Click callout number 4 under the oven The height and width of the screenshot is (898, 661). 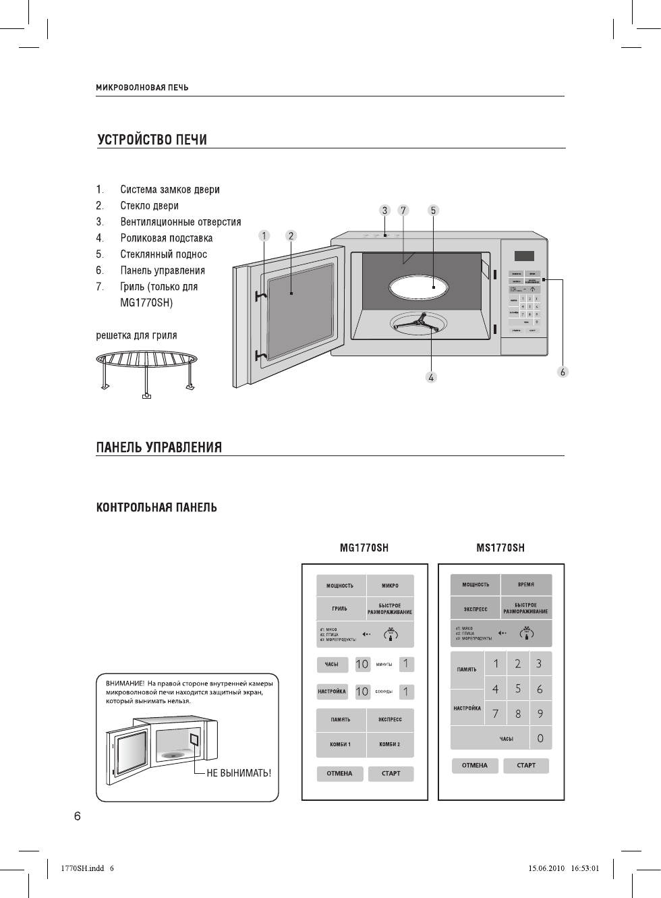[x=431, y=378]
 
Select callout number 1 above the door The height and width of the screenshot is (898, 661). [x=264, y=235]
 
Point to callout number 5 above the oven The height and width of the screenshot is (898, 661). [x=433, y=211]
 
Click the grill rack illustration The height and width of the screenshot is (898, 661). [x=146, y=368]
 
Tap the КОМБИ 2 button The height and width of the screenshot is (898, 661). [x=390, y=744]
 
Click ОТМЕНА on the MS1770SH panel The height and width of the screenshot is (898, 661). [x=475, y=766]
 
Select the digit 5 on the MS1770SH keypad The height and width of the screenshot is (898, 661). [x=518, y=689]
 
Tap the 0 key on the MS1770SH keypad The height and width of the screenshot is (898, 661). [x=540, y=738]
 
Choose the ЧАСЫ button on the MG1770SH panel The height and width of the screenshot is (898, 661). [x=332, y=665]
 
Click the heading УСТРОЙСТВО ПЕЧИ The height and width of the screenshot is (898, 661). [x=152, y=140]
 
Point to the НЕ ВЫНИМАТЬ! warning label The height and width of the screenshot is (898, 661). [x=239, y=773]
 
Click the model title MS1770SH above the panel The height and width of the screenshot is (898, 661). [x=500, y=548]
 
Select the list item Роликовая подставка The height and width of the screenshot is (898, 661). [x=166, y=238]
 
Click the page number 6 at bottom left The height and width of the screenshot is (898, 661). [x=78, y=816]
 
